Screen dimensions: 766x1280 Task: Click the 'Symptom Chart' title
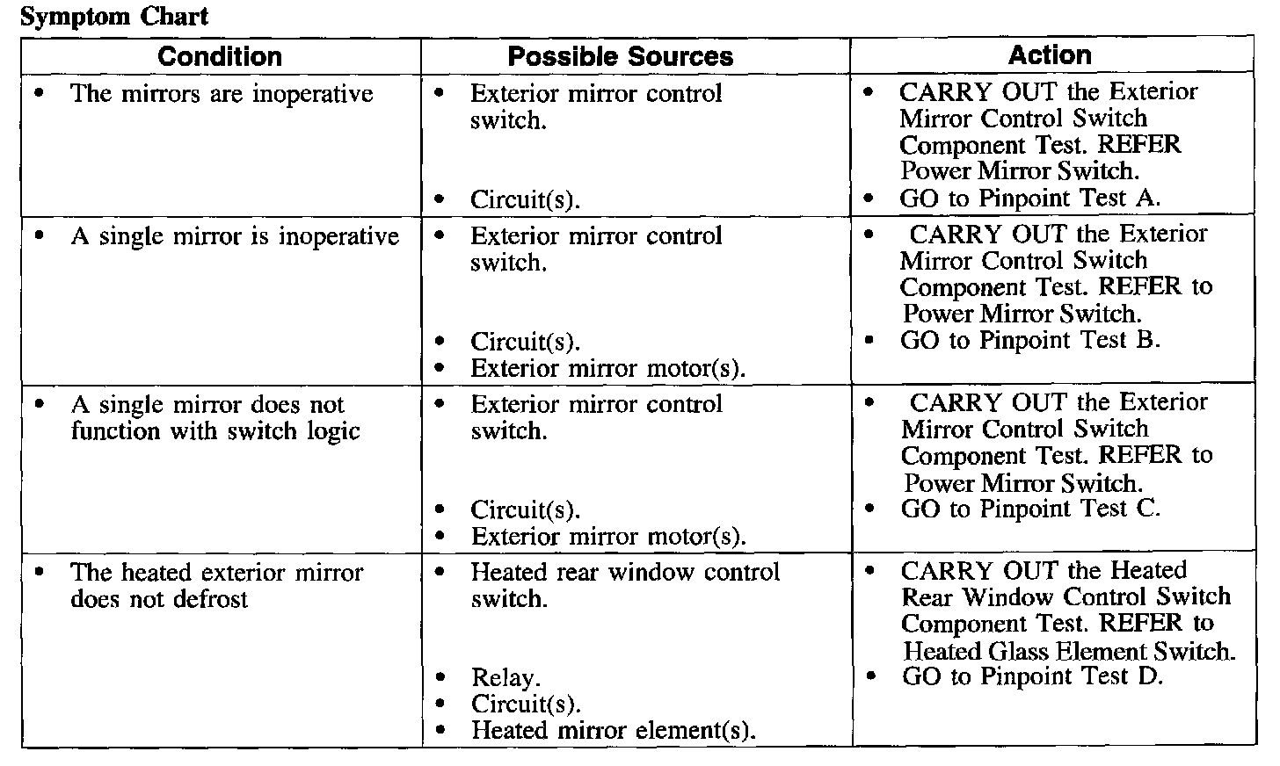click(x=113, y=17)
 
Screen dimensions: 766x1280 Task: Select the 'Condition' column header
click(x=220, y=57)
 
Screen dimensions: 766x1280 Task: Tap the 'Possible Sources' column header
click(x=620, y=57)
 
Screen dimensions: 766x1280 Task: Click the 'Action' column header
click(x=1050, y=55)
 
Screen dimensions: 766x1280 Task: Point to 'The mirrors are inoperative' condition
click(x=221, y=94)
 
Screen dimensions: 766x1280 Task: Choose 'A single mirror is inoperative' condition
click(x=234, y=236)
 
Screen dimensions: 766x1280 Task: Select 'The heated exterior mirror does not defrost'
click(x=216, y=586)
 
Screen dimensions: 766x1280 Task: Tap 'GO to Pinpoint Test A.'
click(x=1029, y=199)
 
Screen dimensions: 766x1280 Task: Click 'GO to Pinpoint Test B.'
click(x=1029, y=340)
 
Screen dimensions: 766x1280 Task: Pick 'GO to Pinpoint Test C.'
click(x=1030, y=509)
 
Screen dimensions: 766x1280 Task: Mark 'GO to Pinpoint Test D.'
click(x=1032, y=676)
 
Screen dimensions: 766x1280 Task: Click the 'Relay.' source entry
click(x=505, y=678)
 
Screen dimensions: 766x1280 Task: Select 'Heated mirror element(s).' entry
click(x=613, y=730)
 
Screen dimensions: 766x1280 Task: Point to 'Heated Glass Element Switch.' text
click(x=1069, y=651)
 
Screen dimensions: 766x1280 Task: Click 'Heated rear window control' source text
click(x=625, y=572)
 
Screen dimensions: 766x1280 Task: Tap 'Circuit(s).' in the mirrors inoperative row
click(x=525, y=199)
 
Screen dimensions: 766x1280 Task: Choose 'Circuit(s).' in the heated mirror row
click(x=526, y=704)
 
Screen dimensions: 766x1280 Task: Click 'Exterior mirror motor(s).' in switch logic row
click(x=608, y=536)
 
